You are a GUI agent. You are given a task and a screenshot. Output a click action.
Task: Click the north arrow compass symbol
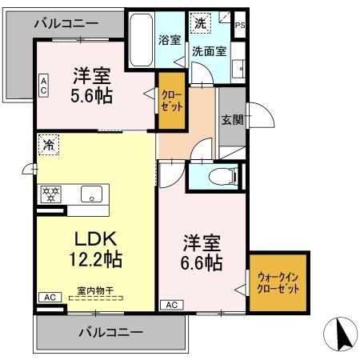(x=341, y=334)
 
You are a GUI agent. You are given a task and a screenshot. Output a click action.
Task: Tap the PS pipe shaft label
(x=240, y=26)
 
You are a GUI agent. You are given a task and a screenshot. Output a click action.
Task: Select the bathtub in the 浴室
(x=141, y=40)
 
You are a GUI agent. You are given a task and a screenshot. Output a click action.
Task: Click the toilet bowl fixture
(x=223, y=176)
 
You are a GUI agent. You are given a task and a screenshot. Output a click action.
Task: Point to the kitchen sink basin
(x=91, y=194)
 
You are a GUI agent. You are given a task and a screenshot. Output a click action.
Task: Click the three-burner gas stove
(x=50, y=194)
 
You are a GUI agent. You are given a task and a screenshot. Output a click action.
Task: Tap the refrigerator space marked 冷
(x=49, y=145)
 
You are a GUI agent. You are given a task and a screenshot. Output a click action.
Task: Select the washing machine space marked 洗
(x=200, y=23)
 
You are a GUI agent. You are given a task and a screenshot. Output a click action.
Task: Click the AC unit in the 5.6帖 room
(x=43, y=86)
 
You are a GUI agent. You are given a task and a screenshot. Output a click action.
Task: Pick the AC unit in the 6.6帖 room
(x=172, y=305)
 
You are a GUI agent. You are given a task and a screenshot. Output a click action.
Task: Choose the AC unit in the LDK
(x=50, y=297)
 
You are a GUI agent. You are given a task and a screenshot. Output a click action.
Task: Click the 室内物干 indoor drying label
(x=95, y=290)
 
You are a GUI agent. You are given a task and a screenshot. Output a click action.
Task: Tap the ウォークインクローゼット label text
(x=278, y=283)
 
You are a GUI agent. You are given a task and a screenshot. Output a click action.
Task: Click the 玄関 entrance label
(x=232, y=120)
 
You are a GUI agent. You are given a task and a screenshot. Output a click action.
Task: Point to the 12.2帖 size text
(x=96, y=259)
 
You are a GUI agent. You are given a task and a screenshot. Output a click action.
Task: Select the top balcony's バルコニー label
(x=66, y=23)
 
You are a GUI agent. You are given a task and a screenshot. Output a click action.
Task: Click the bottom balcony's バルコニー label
(x=110, y=332)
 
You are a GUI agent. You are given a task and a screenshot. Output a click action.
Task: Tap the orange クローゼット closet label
(x=172, y=102)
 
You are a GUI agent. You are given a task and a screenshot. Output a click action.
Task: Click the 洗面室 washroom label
(x=210, y=51)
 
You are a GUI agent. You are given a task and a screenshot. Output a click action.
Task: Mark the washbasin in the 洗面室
(x=238, y=69)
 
